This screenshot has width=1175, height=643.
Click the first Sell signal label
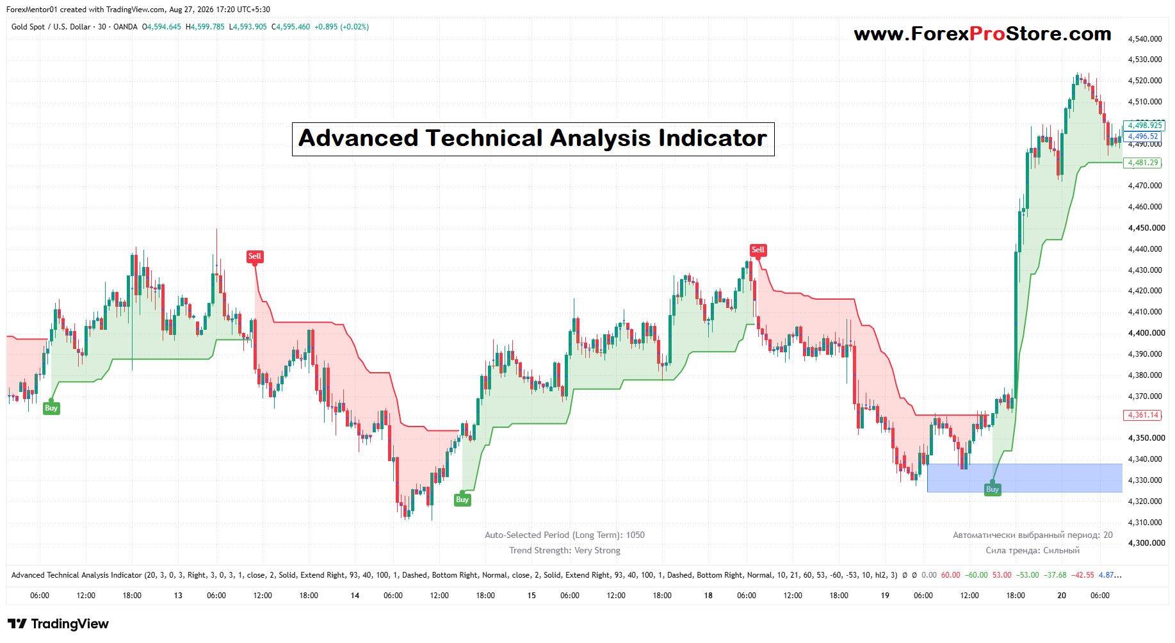point(255,256)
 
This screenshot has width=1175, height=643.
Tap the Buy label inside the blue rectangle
point(993,489)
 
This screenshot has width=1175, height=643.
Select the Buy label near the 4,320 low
point(462,500)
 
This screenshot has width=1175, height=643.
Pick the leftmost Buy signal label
point(51,408)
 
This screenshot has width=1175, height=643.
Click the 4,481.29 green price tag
point(1143,163)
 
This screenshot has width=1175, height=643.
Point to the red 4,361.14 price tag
point(1143,415)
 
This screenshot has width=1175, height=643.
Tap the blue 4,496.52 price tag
point(1143,136)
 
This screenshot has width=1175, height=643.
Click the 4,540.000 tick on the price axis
point(1145,39)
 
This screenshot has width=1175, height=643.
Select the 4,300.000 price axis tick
point(1145,543)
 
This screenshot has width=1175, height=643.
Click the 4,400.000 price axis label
point(1145,333)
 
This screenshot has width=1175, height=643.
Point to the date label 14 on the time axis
point(355,596)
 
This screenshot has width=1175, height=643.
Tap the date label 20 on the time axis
point(1062,596)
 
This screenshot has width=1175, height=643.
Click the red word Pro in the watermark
point(987,34)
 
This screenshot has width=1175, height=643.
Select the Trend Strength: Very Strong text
point(565,550)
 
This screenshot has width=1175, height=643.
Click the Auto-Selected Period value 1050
point(635,535)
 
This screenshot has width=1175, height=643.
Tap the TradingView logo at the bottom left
point(58,624)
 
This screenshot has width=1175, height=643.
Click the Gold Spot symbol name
point(28,27)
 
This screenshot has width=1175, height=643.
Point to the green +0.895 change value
point(326,27)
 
